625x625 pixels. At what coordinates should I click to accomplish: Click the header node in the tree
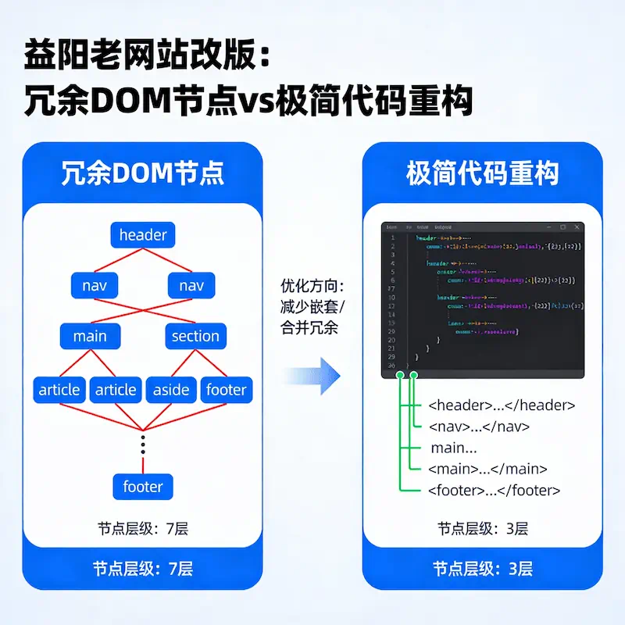coord(143,234)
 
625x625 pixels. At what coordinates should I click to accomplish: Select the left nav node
coord(94,286)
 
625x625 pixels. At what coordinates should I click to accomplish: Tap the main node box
coord(90,336)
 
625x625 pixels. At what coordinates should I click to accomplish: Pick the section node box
coord(195,336)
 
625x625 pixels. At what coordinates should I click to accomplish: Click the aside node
coord(171,389)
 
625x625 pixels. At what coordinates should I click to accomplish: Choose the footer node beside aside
coord(226,389)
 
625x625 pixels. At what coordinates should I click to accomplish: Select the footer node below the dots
coord(143,487)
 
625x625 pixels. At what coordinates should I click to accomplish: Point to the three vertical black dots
coord(143,444)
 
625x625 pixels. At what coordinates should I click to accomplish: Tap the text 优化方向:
coord(312,286)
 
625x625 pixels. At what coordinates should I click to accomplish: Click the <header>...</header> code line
coord(502,405)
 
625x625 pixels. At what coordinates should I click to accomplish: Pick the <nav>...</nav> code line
coord(479,427)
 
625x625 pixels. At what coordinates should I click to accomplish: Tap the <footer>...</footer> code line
coord(494,491)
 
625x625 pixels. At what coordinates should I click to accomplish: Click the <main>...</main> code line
coord(487,469)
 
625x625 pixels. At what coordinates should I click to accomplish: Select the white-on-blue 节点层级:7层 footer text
coord(143,569)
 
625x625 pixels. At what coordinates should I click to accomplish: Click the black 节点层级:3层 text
coord(483,529)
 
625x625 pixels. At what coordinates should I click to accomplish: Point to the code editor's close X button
coord(577,227)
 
